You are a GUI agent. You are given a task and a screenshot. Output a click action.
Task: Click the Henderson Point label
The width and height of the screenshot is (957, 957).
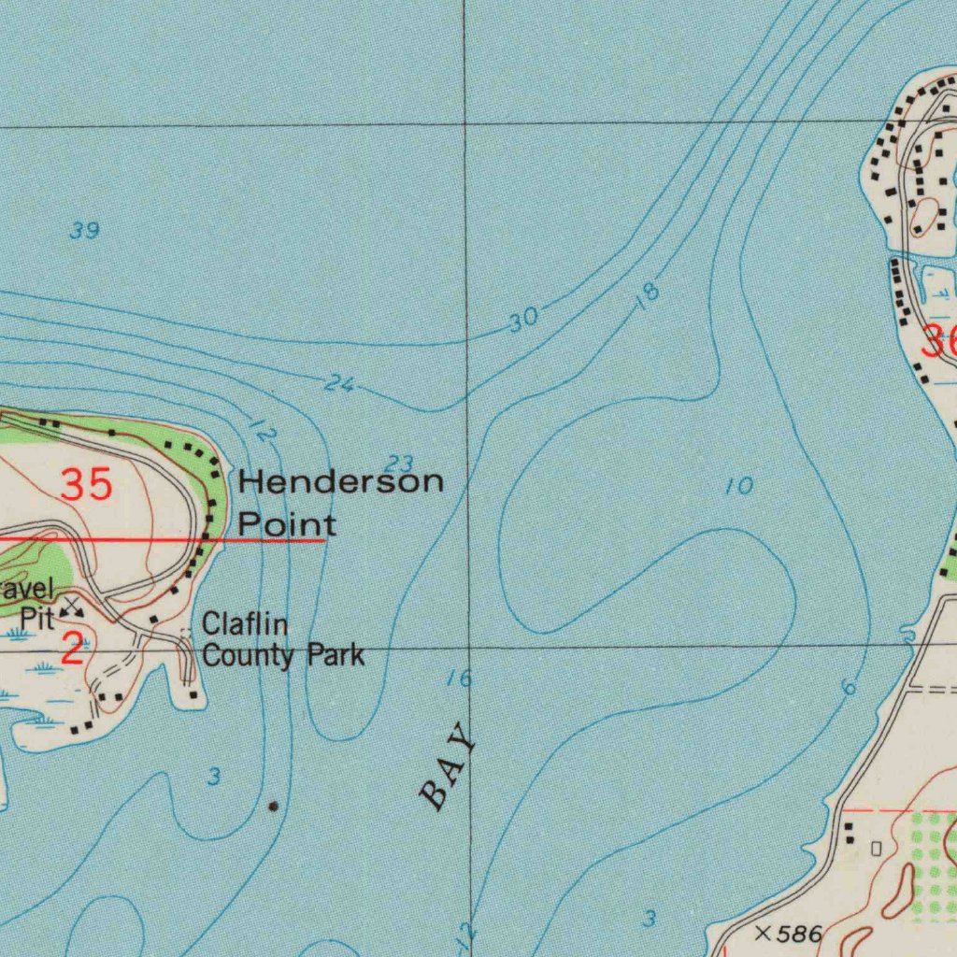click(x=340, y=503)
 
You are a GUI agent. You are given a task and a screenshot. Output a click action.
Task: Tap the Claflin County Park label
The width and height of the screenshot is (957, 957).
click(x=283, y=639)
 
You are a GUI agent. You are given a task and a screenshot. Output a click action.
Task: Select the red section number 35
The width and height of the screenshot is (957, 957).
click(x=87, y=485)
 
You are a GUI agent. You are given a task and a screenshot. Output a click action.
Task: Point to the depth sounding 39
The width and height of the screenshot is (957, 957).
click(x=84, y=231)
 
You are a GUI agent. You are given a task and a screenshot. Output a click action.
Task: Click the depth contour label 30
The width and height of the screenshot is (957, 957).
click(x=524, y=320)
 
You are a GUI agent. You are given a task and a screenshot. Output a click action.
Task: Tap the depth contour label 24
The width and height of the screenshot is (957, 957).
click(x=339, y=383)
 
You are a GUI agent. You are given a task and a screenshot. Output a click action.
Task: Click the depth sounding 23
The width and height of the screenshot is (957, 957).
click(x=399, y=463)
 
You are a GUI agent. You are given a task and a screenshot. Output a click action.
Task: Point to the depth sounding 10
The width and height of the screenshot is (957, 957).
click(x=738, y=486)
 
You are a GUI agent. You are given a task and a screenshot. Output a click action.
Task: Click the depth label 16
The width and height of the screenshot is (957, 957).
click(x=459, y=679)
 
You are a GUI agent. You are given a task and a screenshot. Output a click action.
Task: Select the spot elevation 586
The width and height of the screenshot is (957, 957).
click(x=800, y=934)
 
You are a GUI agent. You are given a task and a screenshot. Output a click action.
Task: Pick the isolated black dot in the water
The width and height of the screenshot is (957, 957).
click(x=273, y=805)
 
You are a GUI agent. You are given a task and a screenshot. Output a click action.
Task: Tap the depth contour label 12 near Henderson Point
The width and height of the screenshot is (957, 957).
click(x=264, y=433)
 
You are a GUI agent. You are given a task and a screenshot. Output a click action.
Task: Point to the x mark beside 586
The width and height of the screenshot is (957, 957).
click(x=763, y=932)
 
